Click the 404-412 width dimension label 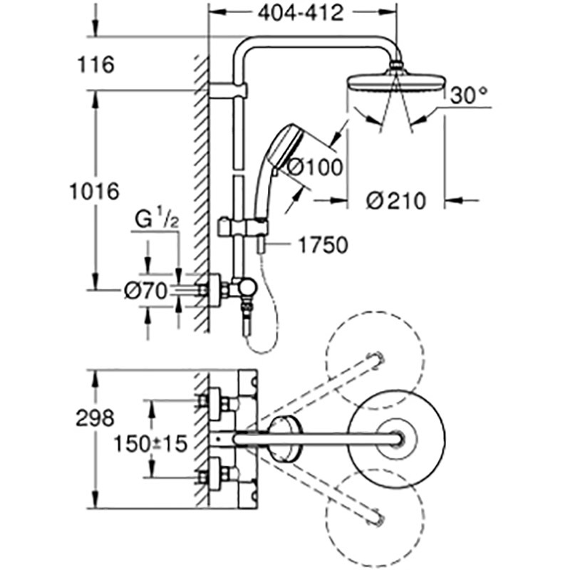(x=300, y=14)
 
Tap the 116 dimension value (x=95, y=65)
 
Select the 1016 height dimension (x=95, y=191)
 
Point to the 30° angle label (x=469, y=95)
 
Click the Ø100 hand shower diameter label (x=315, y=167)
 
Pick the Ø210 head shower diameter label (x=396, y=201)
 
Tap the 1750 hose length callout (x=323, y=245)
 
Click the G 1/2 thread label (x=157, y=219)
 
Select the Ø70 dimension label (x=145, y=291)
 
